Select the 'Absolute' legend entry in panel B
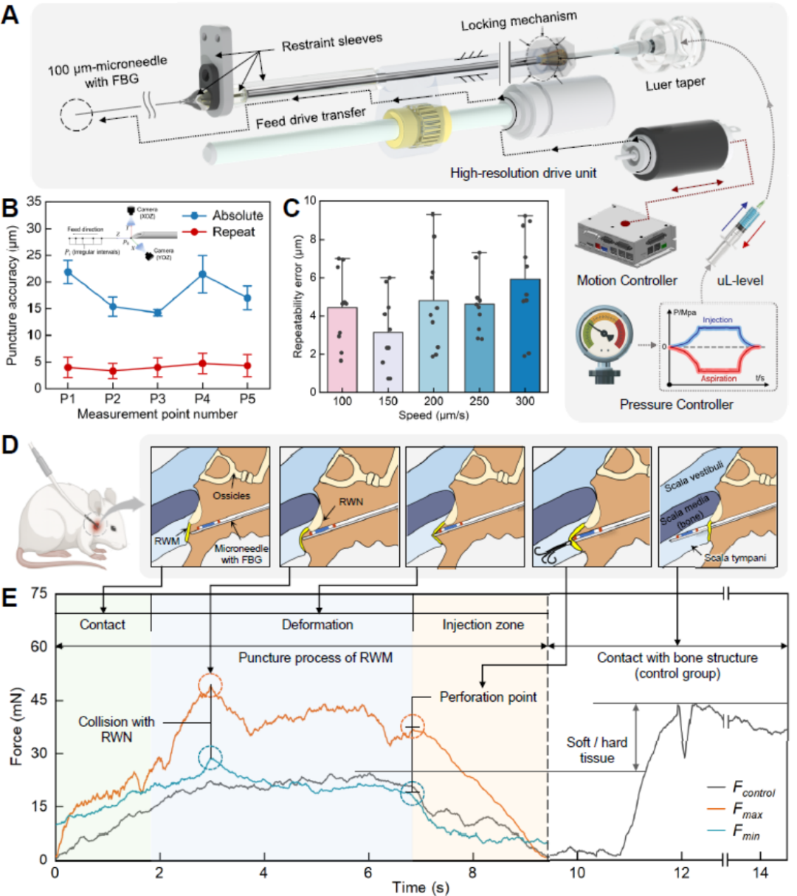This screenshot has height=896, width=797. (x=237, y=216)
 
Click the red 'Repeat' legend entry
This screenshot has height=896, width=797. (x=233, y=232)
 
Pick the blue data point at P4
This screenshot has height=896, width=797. (x=202, y=275)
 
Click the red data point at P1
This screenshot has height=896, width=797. (x=68, y=367)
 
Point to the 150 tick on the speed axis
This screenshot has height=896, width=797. (x=387, y=401)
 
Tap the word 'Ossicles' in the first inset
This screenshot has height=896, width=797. (x=231, y=496)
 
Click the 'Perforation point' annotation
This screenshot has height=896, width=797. (x=488, y=697)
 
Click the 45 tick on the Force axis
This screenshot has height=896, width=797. (x=38, y=700)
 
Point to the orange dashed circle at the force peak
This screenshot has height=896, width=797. (x=210, y=685)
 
